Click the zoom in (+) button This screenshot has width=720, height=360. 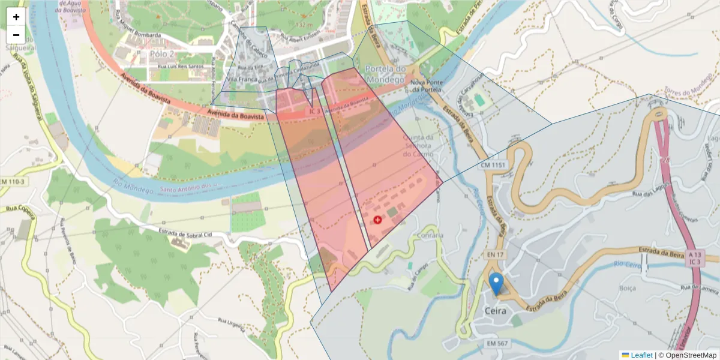pos(16,17)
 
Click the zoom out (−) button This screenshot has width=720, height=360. pos(16,35)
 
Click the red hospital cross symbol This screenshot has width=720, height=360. pos(377,220)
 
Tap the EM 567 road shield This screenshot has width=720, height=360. pos(496,343)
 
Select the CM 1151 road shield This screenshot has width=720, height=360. pos(493,164)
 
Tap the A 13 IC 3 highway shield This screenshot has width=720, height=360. pos(695,258)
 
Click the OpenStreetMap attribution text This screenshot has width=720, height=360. pos(690,355)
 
